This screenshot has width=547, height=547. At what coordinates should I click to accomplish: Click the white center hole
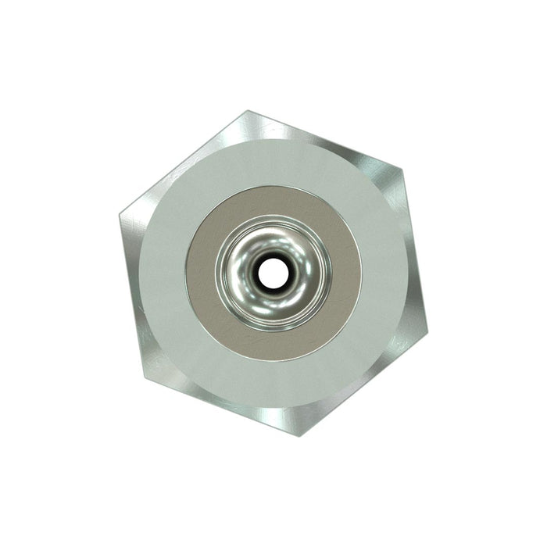coord(273,273)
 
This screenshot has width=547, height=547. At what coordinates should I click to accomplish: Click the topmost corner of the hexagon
coord(248,110)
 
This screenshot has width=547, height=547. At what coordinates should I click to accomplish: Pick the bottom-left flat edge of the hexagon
coord(223,409)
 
